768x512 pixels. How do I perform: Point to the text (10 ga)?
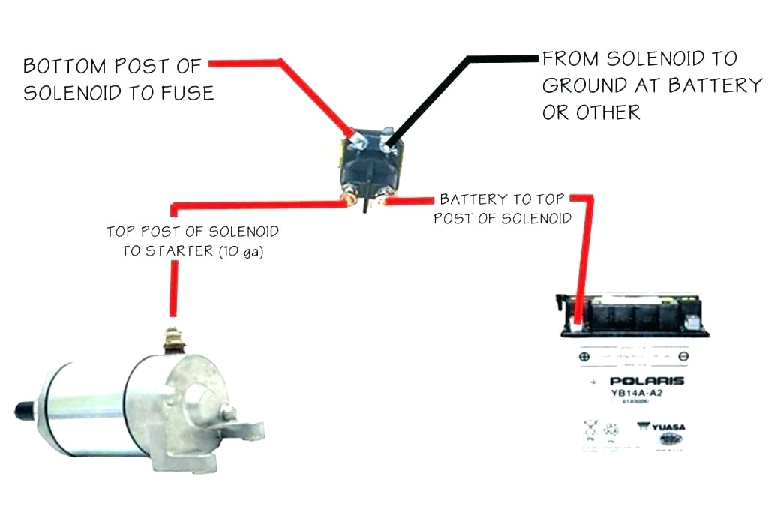pyautogui.click(x=242, y=251)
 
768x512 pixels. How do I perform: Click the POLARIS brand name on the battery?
pyautogui.click(x=635, y=381)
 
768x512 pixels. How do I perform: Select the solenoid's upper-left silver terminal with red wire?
pyautogui.click(x=357, y=139)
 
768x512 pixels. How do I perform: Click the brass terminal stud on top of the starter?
pyautogui.click(x=174, y=339)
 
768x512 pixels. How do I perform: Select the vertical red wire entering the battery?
pyautogui.click(x=586, y=255)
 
